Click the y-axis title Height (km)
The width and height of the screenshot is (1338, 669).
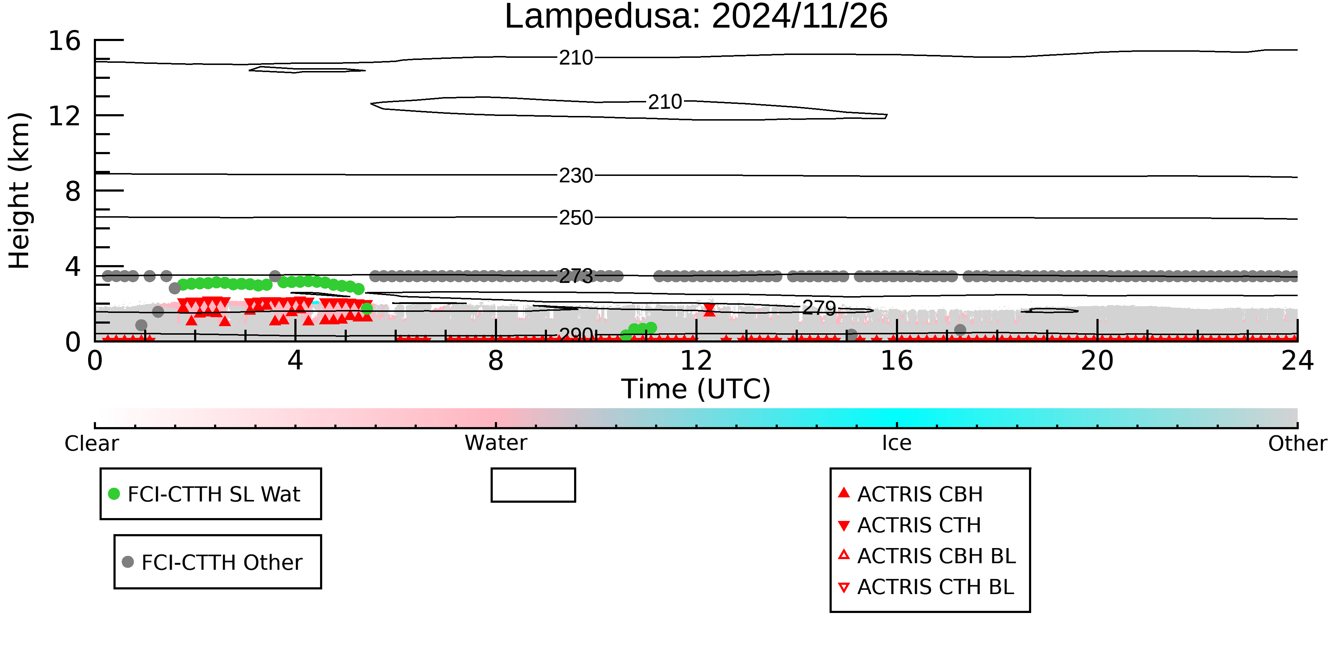pyautogui.click(x=20, y=191)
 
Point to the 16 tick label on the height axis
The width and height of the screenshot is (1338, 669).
pyautogui.click(x=65, y=41)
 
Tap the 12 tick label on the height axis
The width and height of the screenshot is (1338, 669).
pyautogui.click(x=65, y=116)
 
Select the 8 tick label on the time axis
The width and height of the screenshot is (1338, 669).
pyautogui.click(x=496, y=361)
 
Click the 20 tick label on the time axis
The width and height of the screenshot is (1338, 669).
pyautogui.click(x=1097, y=361)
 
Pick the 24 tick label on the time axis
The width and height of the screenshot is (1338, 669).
pyautogui.click(x=1297, y=361)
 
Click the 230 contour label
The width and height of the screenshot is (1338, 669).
pyautogui.click(x=576, y=176)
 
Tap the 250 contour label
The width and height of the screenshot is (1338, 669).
pyautogui.click(x=576, y=218)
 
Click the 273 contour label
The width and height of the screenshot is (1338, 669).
pyautogui.click(x=576, y=276)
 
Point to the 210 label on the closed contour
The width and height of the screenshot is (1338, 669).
pyautogui.click(x=664, y=102)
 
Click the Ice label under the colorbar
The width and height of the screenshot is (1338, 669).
pyautogui.click(x=897, y=443)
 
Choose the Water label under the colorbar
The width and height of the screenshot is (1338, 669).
pyautogui.click(x=496, y=443)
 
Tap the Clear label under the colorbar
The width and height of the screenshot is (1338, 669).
pyautogui.click(x=91, y=444)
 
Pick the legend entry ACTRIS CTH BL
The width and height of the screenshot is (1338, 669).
pyautogui.click(x=935, y=587)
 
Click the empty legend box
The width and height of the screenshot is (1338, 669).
pyautogui.click(x=533, y=485)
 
